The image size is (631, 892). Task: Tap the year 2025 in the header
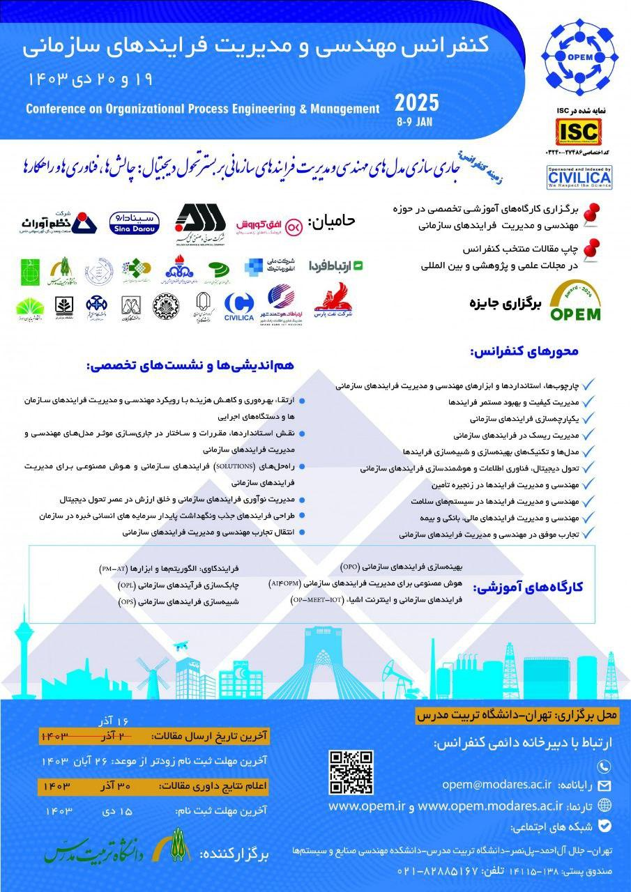click(417, 104)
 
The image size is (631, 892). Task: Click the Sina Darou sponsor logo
click(135, 222)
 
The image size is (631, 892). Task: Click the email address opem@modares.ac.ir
click(496, 784)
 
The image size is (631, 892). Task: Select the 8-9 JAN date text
click(417, 119)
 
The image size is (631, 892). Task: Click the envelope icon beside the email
click(604, 785)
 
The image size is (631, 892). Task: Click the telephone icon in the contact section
click(604, 764)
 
